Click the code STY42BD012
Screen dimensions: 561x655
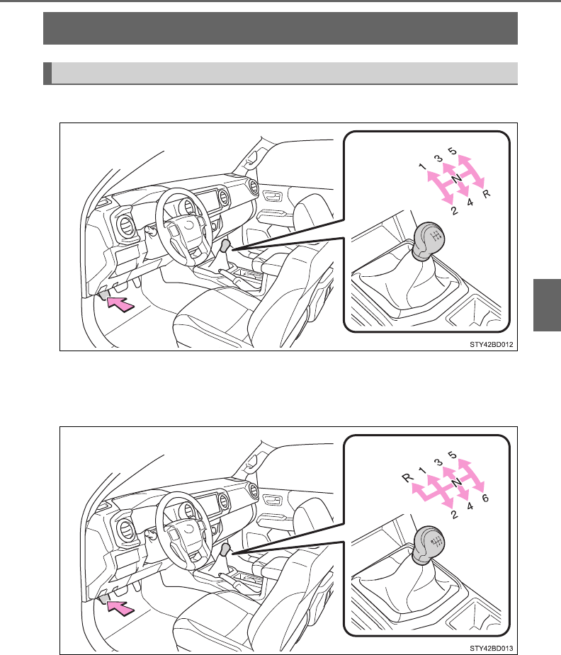492,345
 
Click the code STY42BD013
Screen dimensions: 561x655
492,649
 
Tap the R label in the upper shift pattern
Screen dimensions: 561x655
486,194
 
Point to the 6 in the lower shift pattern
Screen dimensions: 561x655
485,498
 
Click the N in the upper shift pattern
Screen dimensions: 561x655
457,178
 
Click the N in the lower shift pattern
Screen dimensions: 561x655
457,482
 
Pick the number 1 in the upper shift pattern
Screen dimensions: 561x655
423,166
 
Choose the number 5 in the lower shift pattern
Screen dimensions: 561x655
453,455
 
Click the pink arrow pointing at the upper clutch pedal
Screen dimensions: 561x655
120,303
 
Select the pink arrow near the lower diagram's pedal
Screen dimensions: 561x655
120,608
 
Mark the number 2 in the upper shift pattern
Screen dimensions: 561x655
455,210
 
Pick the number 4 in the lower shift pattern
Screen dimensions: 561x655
470,506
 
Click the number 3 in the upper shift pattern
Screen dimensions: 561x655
438,159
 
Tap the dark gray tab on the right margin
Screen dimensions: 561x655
548,305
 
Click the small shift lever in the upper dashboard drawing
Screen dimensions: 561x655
225,246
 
